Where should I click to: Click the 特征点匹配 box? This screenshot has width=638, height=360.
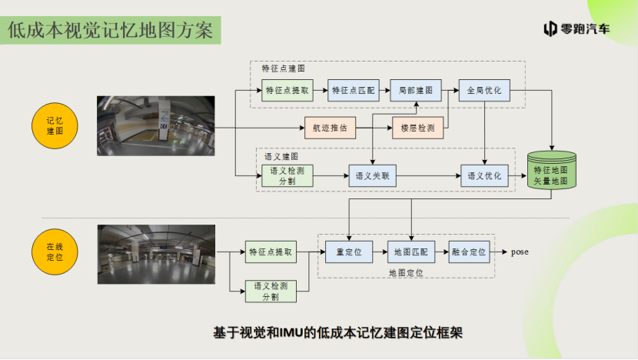click(x=353, y=91)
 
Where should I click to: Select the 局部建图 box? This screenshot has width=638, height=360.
click(x=415, y=91)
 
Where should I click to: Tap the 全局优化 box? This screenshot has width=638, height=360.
click(x=483, y=91)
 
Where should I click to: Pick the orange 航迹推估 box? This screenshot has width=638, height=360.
click(x=331, y=128)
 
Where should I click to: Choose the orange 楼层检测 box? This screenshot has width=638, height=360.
click(x=417, y=128)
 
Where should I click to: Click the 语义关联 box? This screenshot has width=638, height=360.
click(x=373, y=176)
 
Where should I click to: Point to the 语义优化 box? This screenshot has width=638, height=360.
click(x=483, y=176)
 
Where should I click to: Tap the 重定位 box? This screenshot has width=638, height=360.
click(x=349, y=252)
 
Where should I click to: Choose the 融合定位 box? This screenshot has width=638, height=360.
click(x=469, y=252)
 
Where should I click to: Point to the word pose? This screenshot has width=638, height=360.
click(x=520, y=252)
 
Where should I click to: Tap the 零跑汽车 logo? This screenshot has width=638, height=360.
click(x=577, y=29)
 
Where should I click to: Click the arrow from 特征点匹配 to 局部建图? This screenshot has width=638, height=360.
click(x=384, y=91)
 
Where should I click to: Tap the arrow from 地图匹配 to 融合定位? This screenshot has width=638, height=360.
click(x=442, y=252)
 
